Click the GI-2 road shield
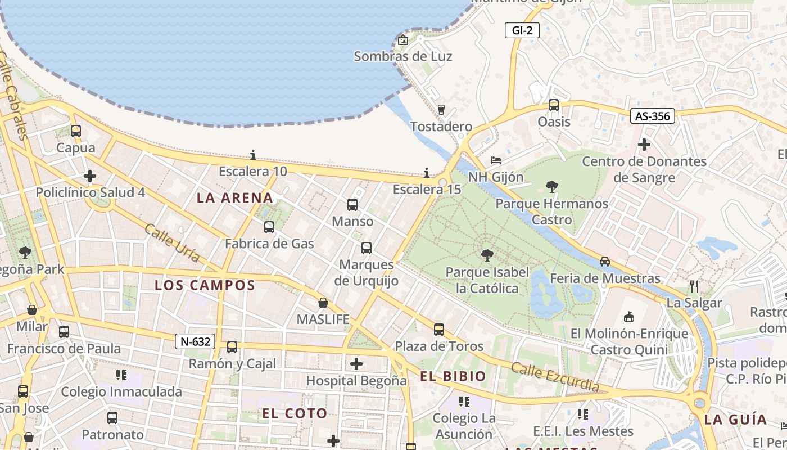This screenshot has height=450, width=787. click(522, 30)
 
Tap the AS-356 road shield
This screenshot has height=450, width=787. click(652, 116)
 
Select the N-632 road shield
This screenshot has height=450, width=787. click(195, 341)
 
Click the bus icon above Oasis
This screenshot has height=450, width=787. click(554, 105)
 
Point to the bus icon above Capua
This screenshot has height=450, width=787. click(75, 131)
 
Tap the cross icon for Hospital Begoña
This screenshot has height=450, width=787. click(356, 364)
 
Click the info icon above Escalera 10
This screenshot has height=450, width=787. click(253, 155)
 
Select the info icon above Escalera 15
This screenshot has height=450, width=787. click(427, 173)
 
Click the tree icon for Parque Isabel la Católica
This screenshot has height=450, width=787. click(487, 255)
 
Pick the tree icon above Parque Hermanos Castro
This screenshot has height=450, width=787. click(551, 187)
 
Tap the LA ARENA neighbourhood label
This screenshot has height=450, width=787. click(235, 198)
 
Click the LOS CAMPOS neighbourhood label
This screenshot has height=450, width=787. click(205, 285)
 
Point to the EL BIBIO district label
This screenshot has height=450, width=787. click(453, 377)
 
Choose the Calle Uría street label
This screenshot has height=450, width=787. click(172, 243)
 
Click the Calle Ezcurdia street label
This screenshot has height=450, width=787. click(555, 377)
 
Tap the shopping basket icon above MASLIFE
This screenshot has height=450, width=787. click(323, 303)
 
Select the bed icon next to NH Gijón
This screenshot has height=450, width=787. click(495, 160)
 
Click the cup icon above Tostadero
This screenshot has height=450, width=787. click(441, 109)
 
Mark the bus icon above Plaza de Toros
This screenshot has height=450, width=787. click(438, 329)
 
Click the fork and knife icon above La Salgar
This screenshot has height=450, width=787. click(694, 286)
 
